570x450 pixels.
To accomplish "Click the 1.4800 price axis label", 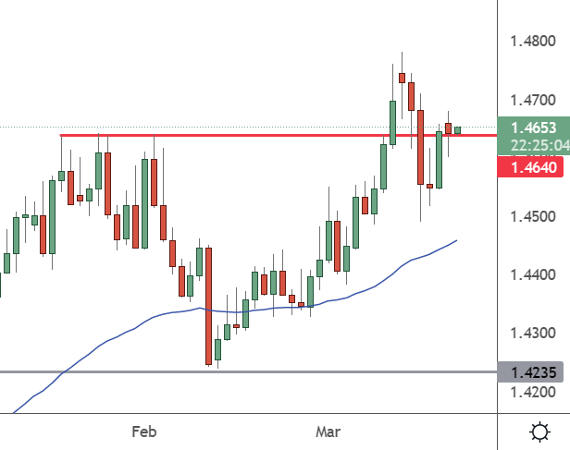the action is click(x=533, y=41).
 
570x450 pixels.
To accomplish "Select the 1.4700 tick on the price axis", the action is click(x=533, y=100).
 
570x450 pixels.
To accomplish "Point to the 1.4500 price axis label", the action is click(x=533, y=216).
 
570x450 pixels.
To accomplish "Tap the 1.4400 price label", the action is click(x=533, y=274).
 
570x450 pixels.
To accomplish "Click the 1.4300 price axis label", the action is click(x=533, y=333).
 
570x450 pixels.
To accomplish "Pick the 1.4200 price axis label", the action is click(x=533, y=392).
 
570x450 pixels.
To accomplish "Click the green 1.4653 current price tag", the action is click(x=534, y=128).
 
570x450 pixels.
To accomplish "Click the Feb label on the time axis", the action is click(x=144, y=432).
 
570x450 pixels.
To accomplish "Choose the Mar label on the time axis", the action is click(x=328, y=432).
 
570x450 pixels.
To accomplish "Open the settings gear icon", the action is click(x=539, y=432).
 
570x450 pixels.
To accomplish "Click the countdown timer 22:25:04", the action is click(x=540, y=145).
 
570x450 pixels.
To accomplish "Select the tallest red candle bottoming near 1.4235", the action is click(x=209, y=306).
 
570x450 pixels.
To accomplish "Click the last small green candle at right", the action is click(x=457, y=130).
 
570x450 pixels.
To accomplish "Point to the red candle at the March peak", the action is click(x=402, y=78).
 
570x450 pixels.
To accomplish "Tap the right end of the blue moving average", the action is click(x=456, y=240).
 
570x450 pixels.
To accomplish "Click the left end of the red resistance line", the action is click(x=61, y=135).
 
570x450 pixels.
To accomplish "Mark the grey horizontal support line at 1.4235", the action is click(x=249, y=372).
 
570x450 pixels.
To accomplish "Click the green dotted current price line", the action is click(x=249, y=127).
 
